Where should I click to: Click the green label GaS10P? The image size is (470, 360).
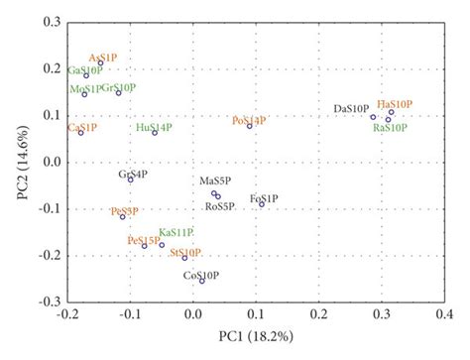(x=84, y=70)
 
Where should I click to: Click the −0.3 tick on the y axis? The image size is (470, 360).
(x=47, y=300)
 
